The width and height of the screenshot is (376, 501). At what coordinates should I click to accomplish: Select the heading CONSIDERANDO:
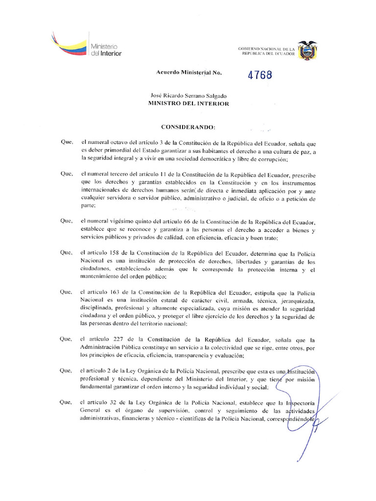(188, 127)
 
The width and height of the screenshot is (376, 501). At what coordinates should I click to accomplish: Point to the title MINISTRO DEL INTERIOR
(188, 104)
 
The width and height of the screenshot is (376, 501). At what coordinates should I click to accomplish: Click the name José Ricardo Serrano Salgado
(188, 96)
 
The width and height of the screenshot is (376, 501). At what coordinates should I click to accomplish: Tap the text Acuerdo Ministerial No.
(188, 72)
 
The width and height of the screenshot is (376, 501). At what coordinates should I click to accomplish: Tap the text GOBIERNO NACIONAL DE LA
(266, 49)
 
